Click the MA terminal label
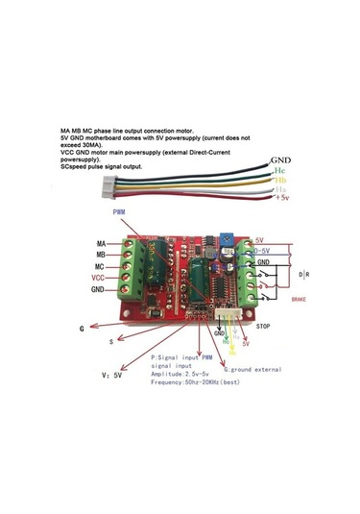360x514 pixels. [100, 243]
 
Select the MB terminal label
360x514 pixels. [100, 255]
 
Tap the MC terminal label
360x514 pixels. [100, 266]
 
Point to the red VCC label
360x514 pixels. [98, 278]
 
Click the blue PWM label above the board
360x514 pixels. [119, 210]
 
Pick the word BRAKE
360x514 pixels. [301, 301]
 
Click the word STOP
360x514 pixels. [264, 327]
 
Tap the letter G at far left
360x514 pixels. [83, 329]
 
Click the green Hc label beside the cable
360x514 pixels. [281, 169]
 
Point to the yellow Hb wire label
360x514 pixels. [280, 180]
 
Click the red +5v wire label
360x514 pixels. [281, 199]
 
